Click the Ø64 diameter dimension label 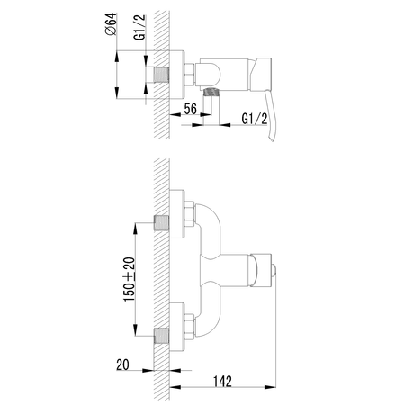click(x=111, y=24)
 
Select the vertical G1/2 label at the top click(x=139, y=27)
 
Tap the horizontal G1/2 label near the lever click(x=255, y=119)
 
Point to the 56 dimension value click(x=191, y=109)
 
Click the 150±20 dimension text click(x=130, y=279)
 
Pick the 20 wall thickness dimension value click(x=122, y=364)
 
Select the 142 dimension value click(x=222, y=381)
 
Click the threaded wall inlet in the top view click(x=161, y=75)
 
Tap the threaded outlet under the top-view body click(x=211, y=92)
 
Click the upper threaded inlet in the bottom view click(x=161, y=223)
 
